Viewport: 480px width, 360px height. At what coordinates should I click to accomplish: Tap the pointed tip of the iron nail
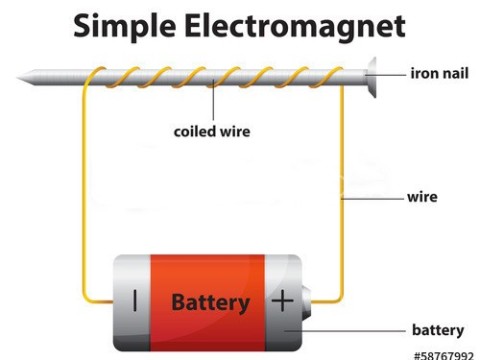tap(22, 75)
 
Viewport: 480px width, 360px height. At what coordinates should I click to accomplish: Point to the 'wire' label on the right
tap(422, 197)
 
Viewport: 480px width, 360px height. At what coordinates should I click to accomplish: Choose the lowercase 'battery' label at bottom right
tap(438, 330)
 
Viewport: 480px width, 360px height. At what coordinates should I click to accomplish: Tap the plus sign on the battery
tap(283, 300)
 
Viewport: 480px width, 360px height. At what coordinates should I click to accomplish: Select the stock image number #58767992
tap(443, 354)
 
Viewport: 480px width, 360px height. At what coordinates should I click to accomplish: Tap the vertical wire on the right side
tap(344, 190)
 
